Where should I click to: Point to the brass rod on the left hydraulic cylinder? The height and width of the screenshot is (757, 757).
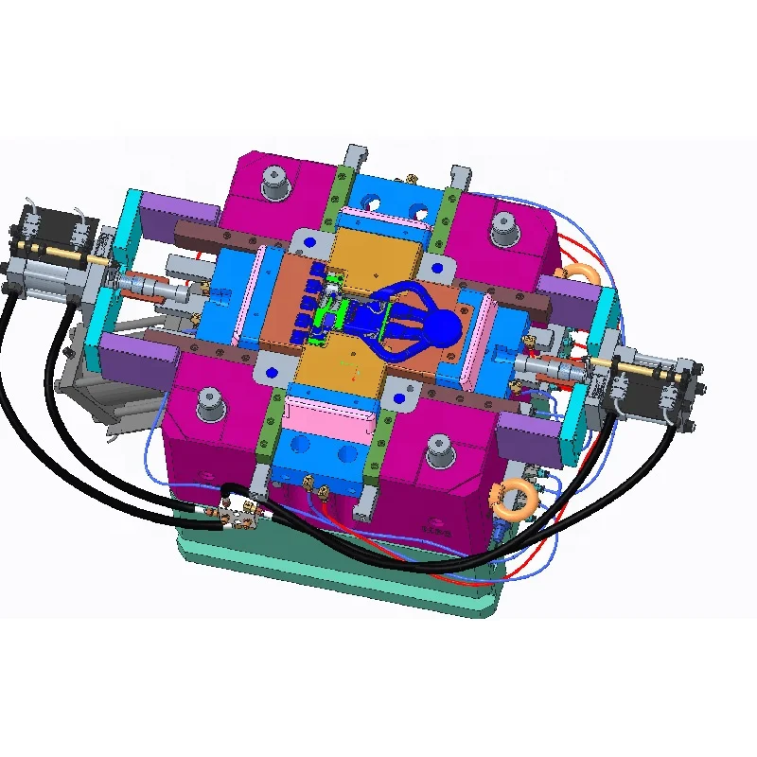[57, 252]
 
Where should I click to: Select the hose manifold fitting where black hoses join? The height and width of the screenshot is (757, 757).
[236, 512]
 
